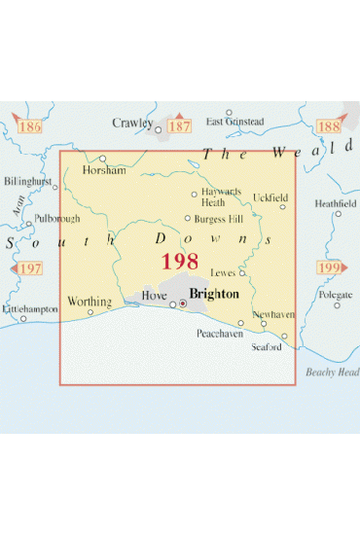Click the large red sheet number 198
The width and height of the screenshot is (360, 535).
tap(180, 262)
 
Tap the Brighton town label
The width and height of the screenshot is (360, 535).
tap(213, 292)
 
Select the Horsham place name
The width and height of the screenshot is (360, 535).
tap(104, 170)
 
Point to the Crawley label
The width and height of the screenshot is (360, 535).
tap(132, 124)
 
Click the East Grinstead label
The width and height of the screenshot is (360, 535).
tap(234, 122)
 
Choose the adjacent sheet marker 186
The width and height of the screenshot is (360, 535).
tap(29, 126)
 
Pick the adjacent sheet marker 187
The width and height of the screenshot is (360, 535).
tap(180, 126)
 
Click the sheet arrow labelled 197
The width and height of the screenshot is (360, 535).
tap(29, 267)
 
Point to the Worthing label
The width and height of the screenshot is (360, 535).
tap(89, 303)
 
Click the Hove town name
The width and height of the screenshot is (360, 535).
tap(155, 296)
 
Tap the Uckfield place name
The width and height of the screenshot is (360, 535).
tap(270, 197)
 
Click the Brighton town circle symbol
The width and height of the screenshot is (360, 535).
tap(182, 303)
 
